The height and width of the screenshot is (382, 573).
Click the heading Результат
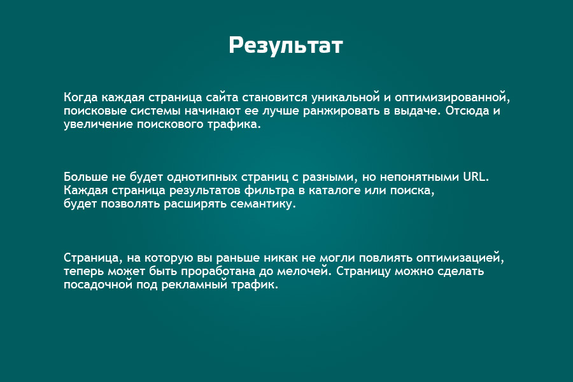pyautogui.click(x=286, y=46)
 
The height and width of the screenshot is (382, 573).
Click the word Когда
pyautogui.click(x=81, y=97)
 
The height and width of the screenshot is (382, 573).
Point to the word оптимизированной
pyautogui.click(x=452, y=97)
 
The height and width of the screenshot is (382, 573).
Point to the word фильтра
pyautogui.click(x=281, y=190)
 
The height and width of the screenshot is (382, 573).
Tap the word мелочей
pyautogui.click(x=302, y=272)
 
